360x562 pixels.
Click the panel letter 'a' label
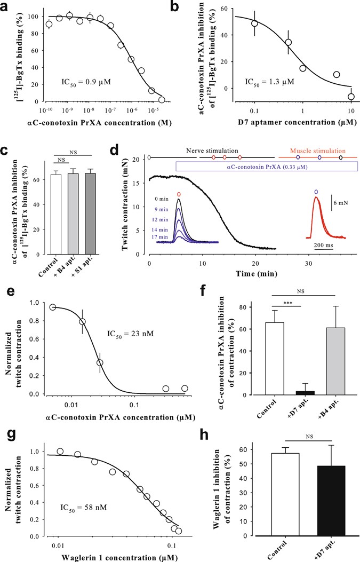point(7,8)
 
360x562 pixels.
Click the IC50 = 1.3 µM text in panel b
point(270,83)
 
